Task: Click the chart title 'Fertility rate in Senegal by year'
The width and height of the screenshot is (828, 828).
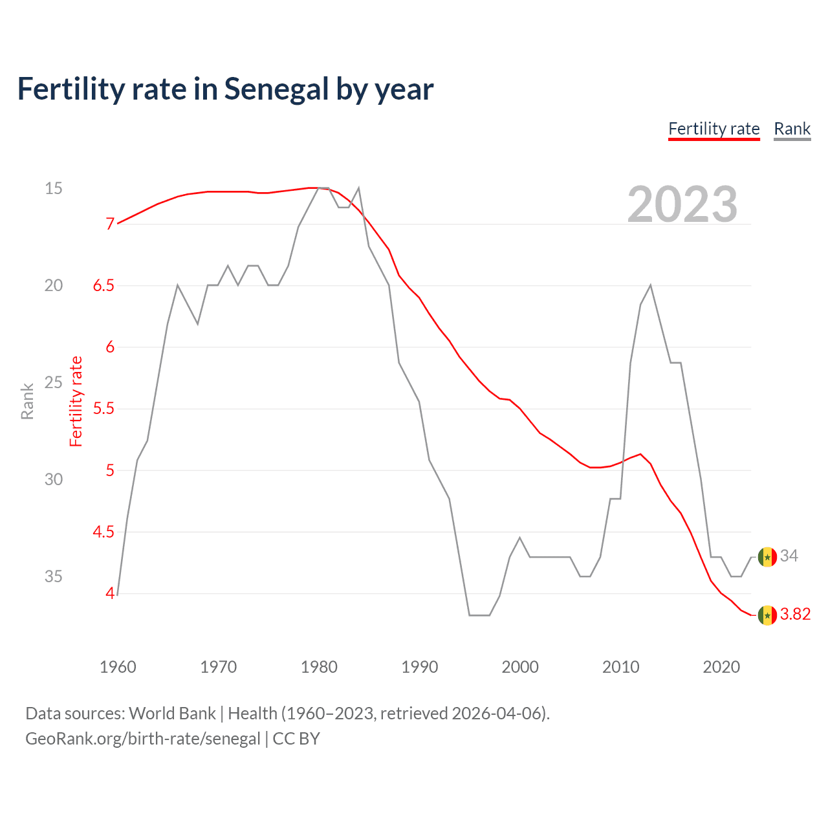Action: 225,89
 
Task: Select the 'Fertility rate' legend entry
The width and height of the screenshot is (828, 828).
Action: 714,129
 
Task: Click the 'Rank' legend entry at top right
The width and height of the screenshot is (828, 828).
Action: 792,129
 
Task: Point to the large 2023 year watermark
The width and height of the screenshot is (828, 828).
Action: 682,204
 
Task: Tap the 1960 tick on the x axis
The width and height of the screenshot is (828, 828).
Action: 118,667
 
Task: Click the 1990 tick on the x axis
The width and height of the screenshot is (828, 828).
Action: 419,667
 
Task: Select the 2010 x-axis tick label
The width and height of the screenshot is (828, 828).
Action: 620,667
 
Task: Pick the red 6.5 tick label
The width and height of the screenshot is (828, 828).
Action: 103,285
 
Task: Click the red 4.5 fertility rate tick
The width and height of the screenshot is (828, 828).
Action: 103,532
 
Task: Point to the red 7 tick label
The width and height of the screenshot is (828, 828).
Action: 111,224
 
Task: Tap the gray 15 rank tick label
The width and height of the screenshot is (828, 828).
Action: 54,188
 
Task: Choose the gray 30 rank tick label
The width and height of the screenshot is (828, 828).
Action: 54,479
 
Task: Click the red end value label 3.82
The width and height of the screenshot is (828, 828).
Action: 795,615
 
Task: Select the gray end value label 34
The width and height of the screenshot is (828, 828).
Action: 789,556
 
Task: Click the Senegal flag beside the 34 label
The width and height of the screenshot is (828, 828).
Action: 767,557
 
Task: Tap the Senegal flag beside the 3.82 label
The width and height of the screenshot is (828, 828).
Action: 767,615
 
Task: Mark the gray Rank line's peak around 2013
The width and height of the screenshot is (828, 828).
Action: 650,285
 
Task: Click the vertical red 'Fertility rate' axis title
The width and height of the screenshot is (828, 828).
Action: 76,401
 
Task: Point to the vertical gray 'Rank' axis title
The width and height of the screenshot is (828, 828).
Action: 27,401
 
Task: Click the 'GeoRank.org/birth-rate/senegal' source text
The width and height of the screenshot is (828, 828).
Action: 142,739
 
